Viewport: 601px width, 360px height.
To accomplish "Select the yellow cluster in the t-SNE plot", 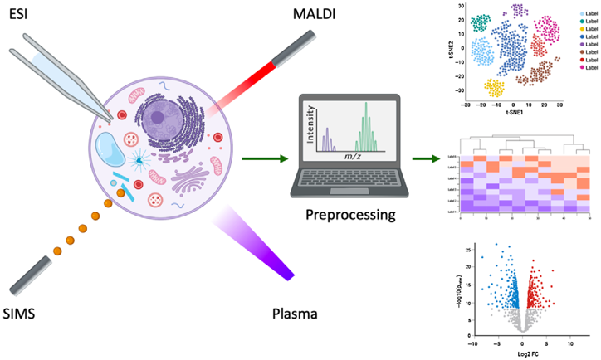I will (x=495, y=87).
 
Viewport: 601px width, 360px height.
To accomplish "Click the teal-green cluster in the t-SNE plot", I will (x=480, y=24).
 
